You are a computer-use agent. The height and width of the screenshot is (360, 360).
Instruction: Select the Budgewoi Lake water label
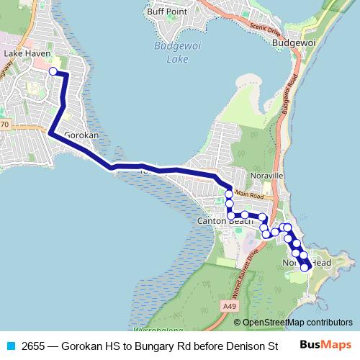click(171, 53)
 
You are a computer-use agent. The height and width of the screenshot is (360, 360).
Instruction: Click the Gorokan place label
click(81, 135)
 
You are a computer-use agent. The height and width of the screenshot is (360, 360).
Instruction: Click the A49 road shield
click(230, 307)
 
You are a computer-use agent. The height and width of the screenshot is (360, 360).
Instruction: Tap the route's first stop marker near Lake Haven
click(53, 71)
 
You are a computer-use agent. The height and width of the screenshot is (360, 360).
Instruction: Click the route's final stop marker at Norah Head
click(305, 267)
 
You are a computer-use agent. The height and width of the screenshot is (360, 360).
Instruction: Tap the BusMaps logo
click(325, 345)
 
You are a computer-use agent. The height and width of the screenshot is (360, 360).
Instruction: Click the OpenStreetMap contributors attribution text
click(297, 323)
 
